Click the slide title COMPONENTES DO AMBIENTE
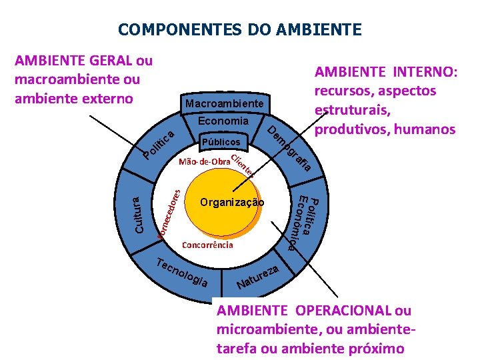240,30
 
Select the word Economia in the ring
223,121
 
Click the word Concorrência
207,245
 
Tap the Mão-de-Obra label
203,162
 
